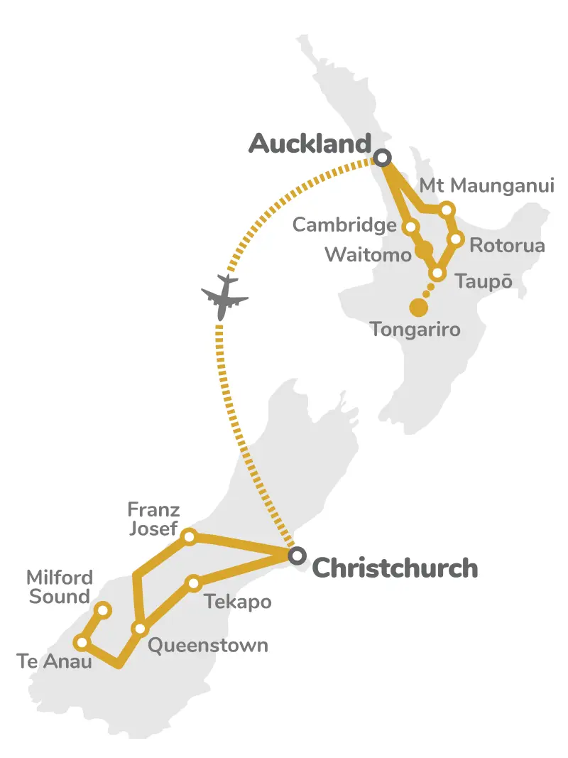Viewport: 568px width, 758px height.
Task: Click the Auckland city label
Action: click(310, 144)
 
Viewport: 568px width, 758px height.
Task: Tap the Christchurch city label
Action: click(395, 568)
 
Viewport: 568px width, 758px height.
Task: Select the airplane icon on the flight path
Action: click(225, 296)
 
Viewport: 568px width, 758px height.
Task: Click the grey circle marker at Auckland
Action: click(383, 157)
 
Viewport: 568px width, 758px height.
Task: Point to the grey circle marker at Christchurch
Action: click(297, 556)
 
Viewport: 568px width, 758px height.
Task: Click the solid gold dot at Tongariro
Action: click(419, 308)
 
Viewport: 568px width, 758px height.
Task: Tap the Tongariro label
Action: click(415, 330)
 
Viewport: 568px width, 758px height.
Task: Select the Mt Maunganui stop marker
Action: click(447, 210)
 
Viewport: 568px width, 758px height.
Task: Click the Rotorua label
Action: click(507, 246)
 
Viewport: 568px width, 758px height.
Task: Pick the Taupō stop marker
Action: click(437, 274)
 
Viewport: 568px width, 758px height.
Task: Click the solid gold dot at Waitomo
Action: click(424, 250)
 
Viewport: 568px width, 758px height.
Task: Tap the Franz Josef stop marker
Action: click(190, 536)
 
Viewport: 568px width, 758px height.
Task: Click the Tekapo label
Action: click(237, 602)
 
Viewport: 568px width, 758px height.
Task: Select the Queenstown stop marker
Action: click(140, 629)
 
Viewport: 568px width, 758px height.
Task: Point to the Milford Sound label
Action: click(59, 587)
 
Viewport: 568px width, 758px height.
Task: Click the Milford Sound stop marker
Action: click(103, 610)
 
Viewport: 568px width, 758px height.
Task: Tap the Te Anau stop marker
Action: click(82, 643)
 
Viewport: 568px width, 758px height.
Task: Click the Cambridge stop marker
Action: click(410, 227)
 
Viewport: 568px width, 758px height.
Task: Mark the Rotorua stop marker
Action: click(457, 239)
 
